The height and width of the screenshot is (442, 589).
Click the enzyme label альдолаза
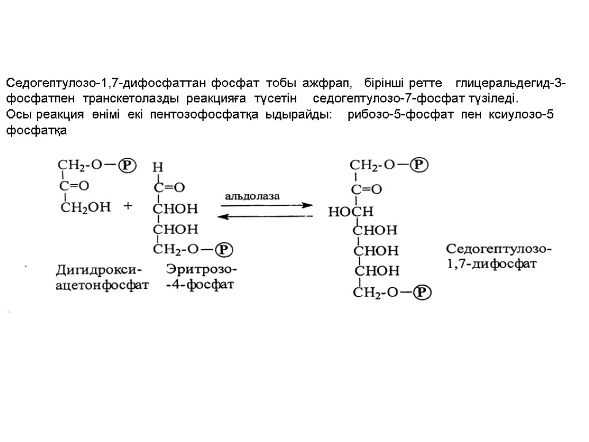pos(252,196)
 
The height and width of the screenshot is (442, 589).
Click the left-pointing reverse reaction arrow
pos(264,216)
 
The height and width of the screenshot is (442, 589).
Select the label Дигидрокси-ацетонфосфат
pos(101,277)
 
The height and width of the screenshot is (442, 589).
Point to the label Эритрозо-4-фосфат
pos(201,277)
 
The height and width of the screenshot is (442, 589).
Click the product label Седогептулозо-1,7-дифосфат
pos(498,257)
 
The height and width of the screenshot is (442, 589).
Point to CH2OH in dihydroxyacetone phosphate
pos(86,207)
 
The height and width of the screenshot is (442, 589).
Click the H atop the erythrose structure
pos(157,167)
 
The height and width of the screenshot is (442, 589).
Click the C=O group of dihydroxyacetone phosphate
pos(75,185)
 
